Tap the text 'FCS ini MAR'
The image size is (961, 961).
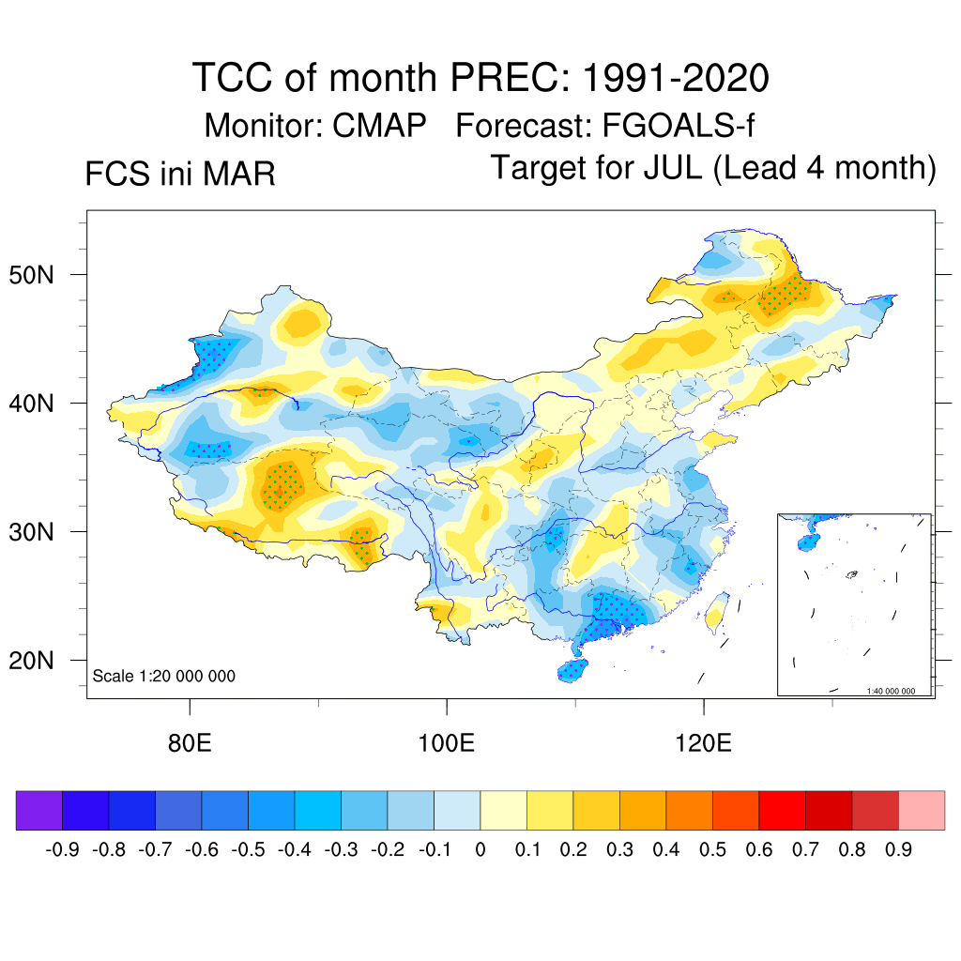click(180, 175)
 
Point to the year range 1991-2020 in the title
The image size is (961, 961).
click(675, 77)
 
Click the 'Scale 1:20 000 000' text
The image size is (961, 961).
click(164, 677)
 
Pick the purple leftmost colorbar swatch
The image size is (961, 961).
click(39, 811)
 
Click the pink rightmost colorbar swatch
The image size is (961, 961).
click(922, 811)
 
